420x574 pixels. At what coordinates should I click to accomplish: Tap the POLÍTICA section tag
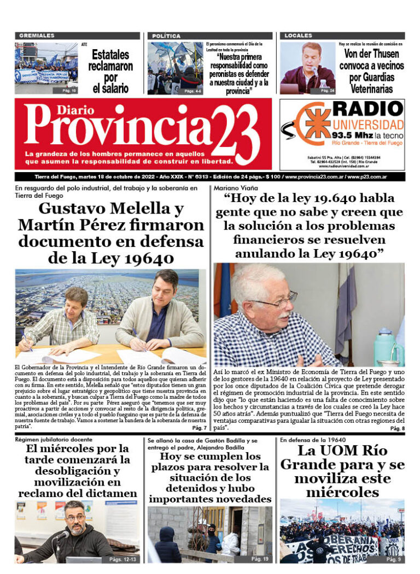[166, 35]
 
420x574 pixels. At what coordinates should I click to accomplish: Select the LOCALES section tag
[298, 35]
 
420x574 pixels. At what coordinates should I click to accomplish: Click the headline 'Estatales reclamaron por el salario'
[110, 70]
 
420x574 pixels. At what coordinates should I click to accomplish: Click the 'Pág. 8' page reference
[398, 429]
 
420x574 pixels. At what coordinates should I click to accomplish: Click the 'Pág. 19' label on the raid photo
[260, 559]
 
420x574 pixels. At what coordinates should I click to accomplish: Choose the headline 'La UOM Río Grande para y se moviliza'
[342, 471]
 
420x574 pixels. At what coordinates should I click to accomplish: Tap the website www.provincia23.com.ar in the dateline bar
[314, 177]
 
